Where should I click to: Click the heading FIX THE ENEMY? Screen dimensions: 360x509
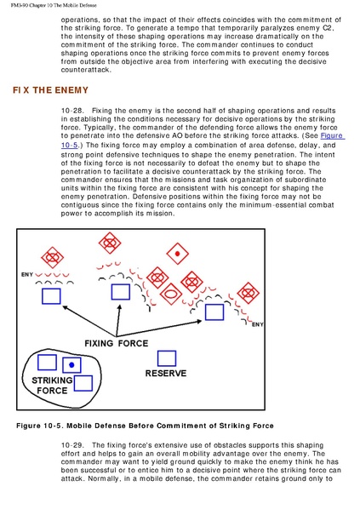[50, 90]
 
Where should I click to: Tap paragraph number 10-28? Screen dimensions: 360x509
[72, 111]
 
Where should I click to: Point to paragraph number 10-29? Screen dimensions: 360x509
[72, 445]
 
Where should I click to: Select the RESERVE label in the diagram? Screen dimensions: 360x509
[166, 374]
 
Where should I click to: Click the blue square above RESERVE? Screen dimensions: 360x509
[167, 358]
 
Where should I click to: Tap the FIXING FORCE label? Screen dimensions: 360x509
[117, 343]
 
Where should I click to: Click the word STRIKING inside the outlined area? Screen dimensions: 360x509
[52, 380]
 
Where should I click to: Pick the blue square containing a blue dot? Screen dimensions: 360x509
[71, 365]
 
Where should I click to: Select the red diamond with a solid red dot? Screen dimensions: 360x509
[177, 254]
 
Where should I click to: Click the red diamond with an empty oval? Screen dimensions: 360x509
[171, 293]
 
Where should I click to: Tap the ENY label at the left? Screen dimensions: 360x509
[27, 275]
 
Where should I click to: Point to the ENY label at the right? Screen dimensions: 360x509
[258, 324]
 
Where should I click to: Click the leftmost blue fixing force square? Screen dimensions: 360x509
[51, 296]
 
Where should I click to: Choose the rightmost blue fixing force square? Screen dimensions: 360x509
[214, 312]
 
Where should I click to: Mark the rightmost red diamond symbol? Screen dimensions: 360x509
[248, 293]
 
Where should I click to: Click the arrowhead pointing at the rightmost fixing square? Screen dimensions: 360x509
[198, 321]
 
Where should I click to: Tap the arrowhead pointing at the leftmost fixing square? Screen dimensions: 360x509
[66, 307]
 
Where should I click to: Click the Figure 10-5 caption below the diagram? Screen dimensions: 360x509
[145, 426]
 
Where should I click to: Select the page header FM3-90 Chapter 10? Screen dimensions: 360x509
[54, 5]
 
